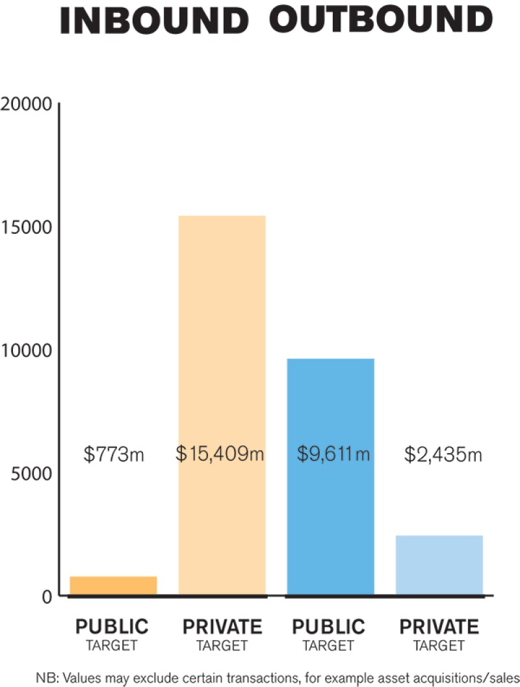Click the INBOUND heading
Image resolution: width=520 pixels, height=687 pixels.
click(153, 21)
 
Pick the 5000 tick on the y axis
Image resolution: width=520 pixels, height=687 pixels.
click(31, 473)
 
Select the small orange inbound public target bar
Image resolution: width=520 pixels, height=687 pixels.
click(113, 585)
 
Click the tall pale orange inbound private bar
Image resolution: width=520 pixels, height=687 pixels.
click(222, 325)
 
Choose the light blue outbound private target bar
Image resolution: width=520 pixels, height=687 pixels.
click(439, 565)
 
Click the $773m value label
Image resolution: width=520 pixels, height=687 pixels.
click(114, 454)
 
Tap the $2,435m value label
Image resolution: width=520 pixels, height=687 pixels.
click(443, 454)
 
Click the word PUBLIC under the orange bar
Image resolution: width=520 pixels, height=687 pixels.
click(112, 627)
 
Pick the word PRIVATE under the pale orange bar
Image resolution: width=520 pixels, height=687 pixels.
click(222, 627)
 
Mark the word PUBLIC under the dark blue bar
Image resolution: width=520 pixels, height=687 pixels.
click(329, 627)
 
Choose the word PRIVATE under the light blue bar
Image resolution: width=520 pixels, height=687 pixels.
click(439, 627)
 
